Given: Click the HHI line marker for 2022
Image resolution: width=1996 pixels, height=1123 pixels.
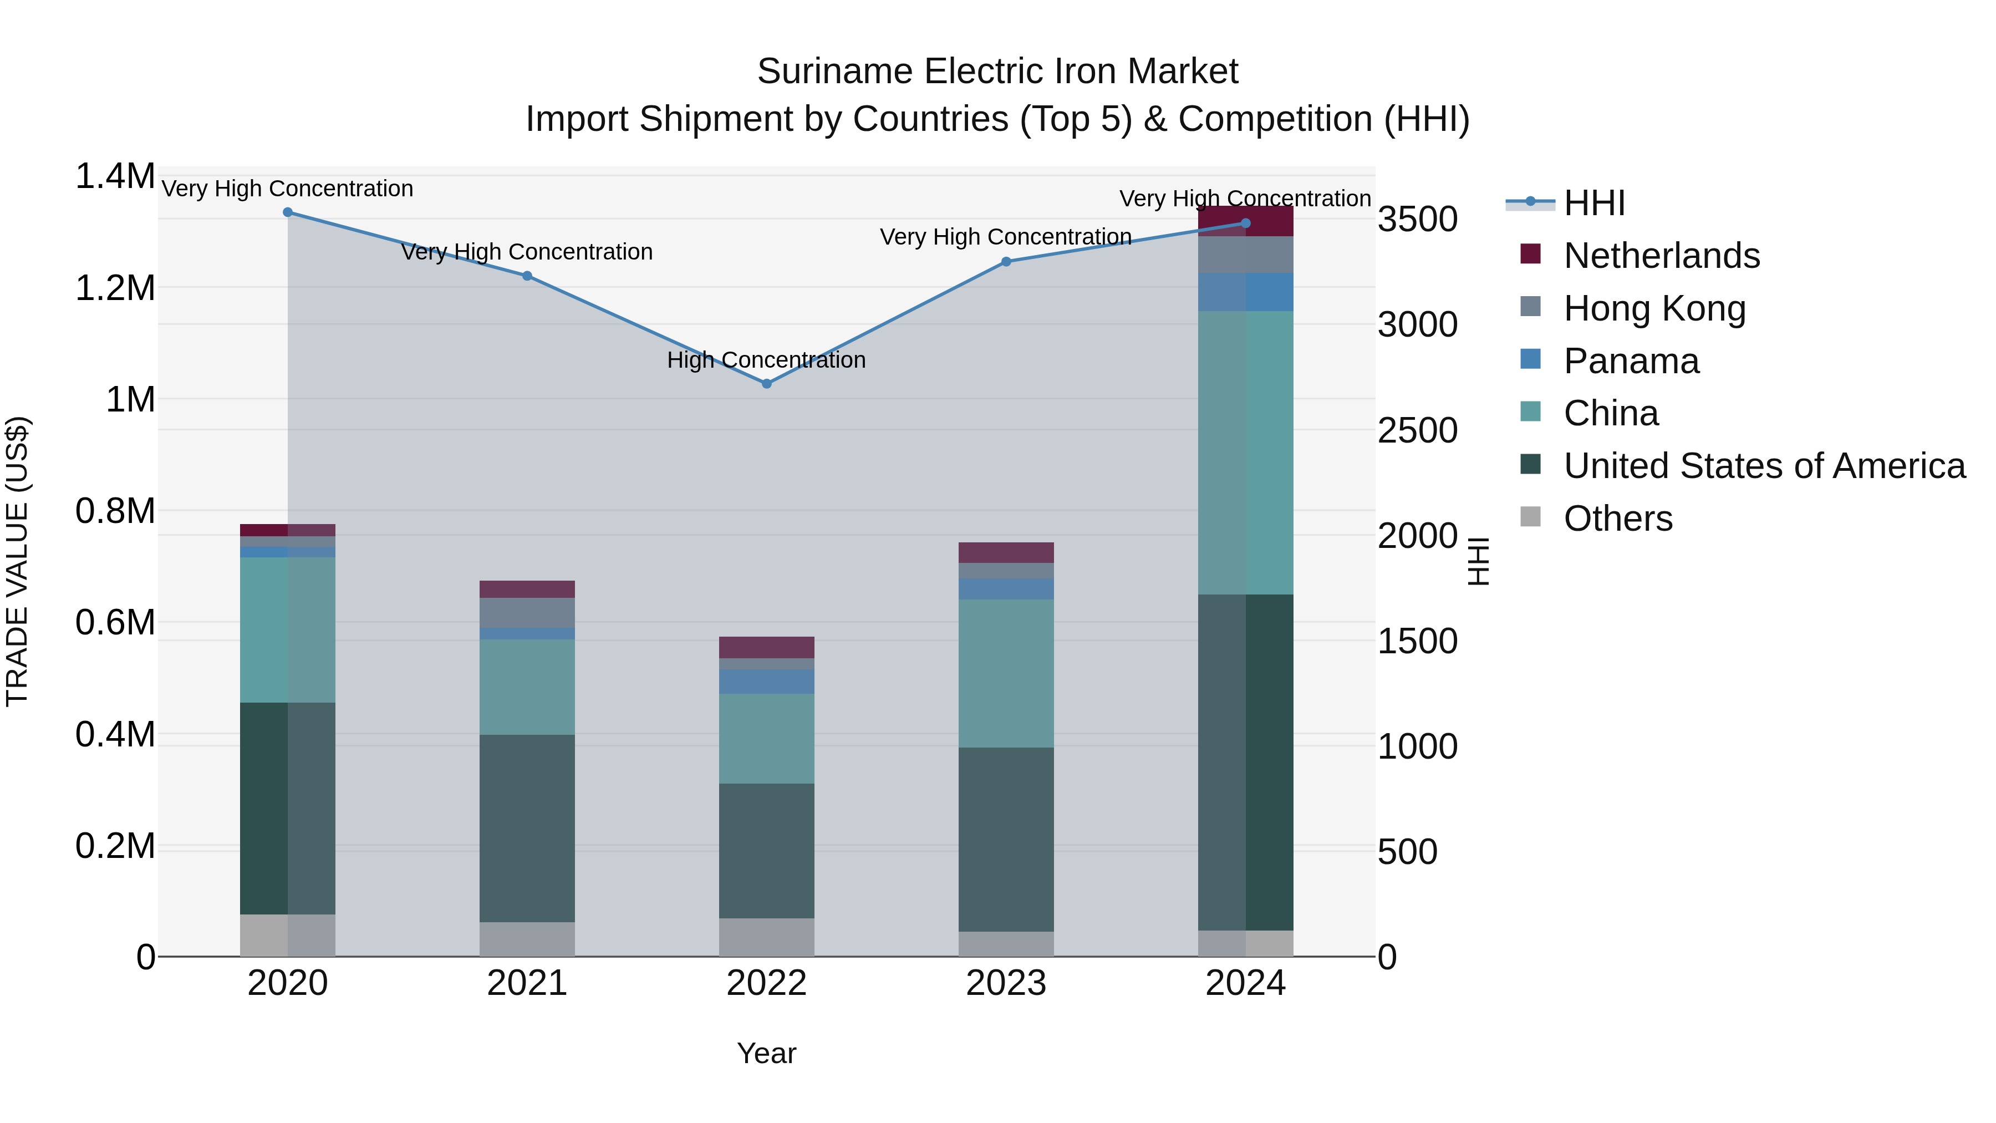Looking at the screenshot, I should (x=766, y=384).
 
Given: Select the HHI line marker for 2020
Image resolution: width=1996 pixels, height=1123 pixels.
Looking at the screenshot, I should (x=287, y=212).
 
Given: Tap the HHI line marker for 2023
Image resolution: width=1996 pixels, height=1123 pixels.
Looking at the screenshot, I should (x=1006, y=262).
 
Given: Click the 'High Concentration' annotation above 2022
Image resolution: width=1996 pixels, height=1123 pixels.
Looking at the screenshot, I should (x=766, y=360).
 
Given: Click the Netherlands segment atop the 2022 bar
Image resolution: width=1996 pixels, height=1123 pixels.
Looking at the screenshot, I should (x=766, y=647).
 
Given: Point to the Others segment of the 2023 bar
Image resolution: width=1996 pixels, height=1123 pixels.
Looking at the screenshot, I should (x=1006, y=943).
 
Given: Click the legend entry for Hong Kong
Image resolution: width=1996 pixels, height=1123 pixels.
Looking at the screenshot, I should (x=1654, y=308).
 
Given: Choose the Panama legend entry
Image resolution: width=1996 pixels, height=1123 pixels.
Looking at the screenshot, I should (x=1631, y=361).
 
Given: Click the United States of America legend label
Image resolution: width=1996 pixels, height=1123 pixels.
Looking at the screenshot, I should (x=1764, y=466).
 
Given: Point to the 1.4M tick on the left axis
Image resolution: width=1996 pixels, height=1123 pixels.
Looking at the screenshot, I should (x=115, y=177).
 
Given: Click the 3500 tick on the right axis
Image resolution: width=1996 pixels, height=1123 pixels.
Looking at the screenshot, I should (x=1417, y=219).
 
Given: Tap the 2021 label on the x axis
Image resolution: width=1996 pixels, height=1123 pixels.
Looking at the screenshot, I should (x=527, y=983).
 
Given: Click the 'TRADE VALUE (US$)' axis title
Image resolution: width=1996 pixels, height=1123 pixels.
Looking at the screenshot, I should (x=17, y=561).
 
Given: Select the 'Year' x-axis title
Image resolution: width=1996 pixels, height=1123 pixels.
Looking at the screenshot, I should (x=766, y=1053).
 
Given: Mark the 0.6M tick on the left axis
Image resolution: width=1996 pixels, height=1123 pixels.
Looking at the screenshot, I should (x=115, y=622).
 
